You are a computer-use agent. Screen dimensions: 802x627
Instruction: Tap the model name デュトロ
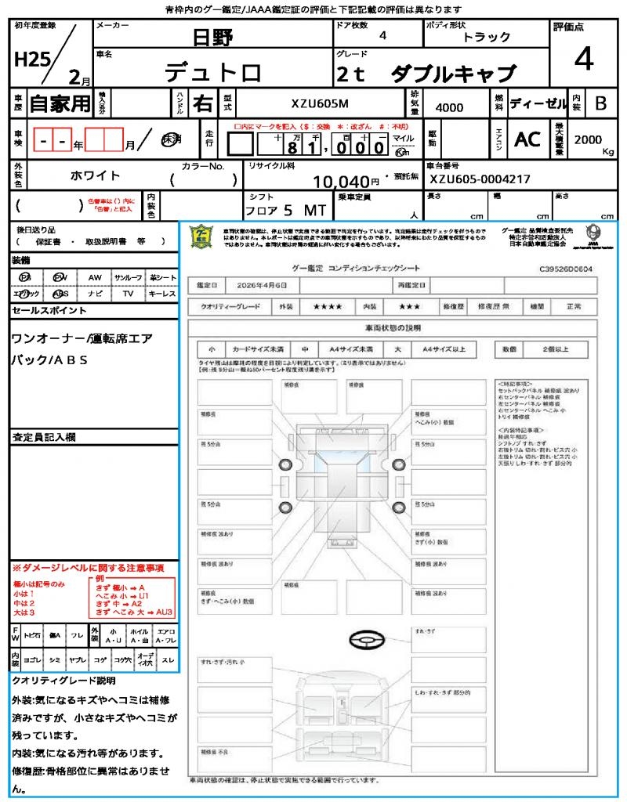(x=212, y=72)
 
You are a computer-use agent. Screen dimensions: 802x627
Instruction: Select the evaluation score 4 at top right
(x=583, y=60)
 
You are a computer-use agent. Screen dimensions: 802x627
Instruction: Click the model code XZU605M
(x=321, y=103)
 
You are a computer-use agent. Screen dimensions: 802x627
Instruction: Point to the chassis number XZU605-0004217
(x=480, y=179)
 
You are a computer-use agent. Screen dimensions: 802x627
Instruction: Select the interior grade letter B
(x=600, y=103)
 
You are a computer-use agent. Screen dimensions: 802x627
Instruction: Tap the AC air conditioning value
(x=527, y=139)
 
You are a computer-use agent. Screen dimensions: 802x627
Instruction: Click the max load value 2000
(x=588, y=139)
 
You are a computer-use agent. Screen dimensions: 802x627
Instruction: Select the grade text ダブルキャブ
(x=454, y=74)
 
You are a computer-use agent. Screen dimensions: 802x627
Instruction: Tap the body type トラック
(x=486, y=37)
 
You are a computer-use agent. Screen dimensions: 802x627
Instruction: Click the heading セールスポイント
(x=49, y=311)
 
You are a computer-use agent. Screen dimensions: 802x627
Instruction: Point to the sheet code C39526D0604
(x=566, y=269)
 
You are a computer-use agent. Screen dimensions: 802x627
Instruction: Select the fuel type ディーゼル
(x=538, y=103)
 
